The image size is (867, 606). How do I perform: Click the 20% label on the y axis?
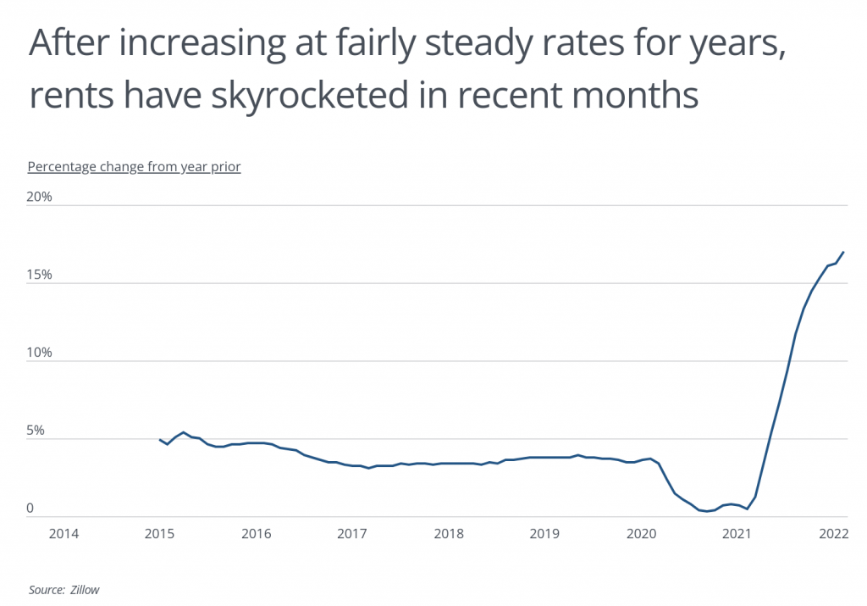coord(40,197)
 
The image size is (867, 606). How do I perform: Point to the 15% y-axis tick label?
coord(40,275)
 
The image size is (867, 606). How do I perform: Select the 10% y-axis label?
coord(40,353)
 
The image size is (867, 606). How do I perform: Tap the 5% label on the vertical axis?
coord(36,431)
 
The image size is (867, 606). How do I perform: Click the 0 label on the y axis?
coord(30,509)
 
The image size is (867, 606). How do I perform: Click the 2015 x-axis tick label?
coord(160,534)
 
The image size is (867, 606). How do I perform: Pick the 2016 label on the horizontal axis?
coord(256,534)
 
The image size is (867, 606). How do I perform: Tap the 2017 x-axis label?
coord(352,534)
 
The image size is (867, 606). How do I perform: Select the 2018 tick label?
coord(448,534)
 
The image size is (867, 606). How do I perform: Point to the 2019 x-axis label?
coord(544,534)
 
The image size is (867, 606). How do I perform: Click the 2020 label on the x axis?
coord(641,534)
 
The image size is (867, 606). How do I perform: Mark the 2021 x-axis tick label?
coord(737,534)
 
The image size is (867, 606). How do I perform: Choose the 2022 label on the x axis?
coord(833,534)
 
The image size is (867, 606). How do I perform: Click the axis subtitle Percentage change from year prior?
coord(135,166)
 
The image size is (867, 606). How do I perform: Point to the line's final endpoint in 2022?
coord(843,252)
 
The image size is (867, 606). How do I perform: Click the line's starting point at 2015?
coord(160,439)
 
